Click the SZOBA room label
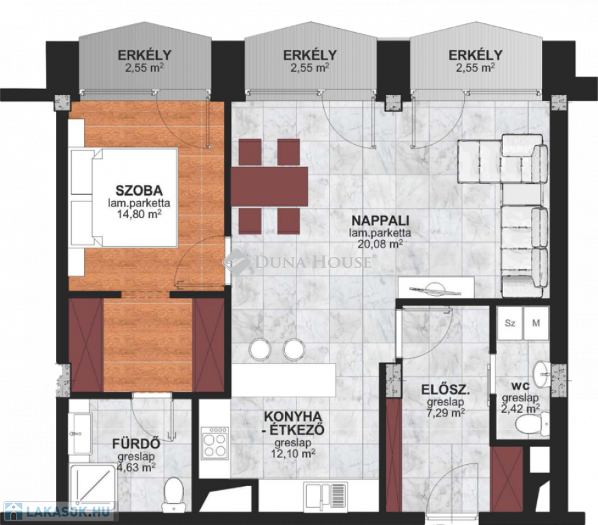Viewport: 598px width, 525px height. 139,191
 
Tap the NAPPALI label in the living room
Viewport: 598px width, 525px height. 380,221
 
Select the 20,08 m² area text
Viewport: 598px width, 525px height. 380,244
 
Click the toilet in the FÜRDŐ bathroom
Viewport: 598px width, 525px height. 174,494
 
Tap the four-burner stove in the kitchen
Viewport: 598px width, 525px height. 215,443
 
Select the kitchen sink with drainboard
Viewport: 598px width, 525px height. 325,495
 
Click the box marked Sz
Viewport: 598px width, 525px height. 510,323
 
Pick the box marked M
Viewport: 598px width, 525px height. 536,323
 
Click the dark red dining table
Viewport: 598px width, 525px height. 269,186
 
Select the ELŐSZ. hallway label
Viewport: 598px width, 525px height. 445,390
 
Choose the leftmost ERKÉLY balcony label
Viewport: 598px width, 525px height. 144,55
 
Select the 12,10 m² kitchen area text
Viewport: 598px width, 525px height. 293,454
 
